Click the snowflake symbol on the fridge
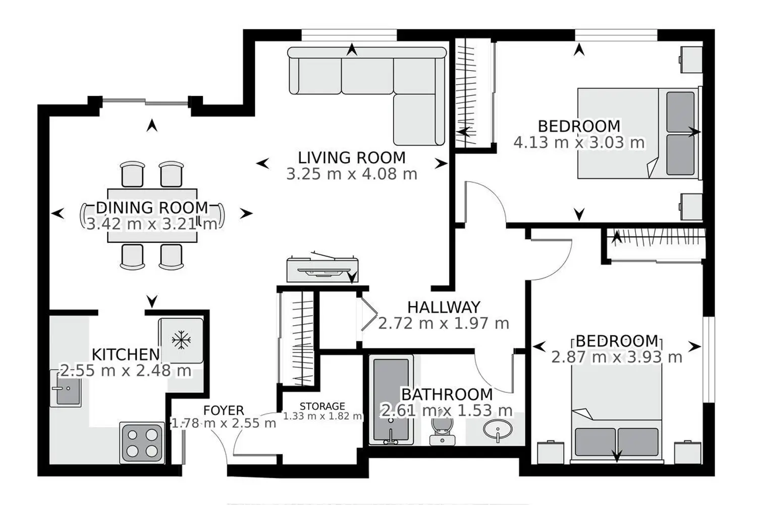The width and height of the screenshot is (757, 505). (181, 340)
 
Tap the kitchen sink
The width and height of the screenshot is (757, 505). (66, 388)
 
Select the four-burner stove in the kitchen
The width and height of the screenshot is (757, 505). (142, 443)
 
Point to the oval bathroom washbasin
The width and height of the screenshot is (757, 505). (498, 430)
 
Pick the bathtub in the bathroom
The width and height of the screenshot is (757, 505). (391, 399)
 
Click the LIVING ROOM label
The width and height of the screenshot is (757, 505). (351, 158)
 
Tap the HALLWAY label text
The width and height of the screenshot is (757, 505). (444, 307)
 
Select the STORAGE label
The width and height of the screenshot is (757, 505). (322, 406)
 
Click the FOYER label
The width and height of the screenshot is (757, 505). (224, 410)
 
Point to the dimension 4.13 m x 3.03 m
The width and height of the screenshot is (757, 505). (579, 142)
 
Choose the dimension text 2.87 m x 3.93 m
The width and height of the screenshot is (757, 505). (617, 357)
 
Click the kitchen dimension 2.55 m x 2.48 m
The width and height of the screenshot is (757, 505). (126, 371)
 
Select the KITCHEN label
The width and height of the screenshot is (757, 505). (126, 355)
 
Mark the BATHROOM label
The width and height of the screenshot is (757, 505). (447, 394)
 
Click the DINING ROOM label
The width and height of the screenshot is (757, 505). (152, 208)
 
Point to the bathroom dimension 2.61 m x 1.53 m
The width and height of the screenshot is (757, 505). (447, 411)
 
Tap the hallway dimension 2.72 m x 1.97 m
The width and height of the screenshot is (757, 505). (444, 323)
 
